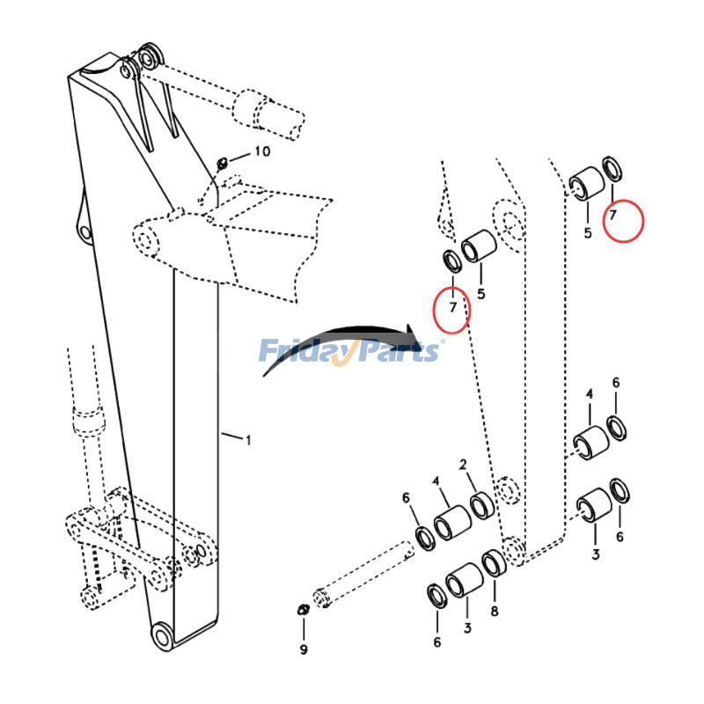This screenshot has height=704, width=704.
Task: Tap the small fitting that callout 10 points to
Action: pyautogui.click(x=223, y=161)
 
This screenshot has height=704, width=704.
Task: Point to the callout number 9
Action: pyautogui.click(x=304, y=650)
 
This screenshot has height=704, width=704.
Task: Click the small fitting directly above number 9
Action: pyautogui.click(x=302, y=611)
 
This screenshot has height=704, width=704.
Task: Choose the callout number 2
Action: pyautogui.click(x=462, y=465)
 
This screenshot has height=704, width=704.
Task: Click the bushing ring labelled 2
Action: pyautogui.click(x=482, y=506)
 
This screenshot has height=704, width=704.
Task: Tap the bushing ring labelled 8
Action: pyautogui.click(x=493, y=562)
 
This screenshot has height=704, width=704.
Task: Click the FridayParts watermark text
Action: pyautogui.click(x=349, y=351)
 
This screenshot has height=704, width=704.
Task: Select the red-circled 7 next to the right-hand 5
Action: pyautogui.click(x=613, y=214)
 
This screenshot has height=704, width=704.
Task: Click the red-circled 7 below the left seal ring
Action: pyautogui.click(x=452, y=307)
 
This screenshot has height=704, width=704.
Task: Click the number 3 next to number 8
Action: pyautogui.click(x=467, y=627)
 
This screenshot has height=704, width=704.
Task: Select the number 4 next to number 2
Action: pyautogui.click(x=435, y=480)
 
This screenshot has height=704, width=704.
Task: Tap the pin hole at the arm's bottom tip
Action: pyautogui.click(x=162, y=635)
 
